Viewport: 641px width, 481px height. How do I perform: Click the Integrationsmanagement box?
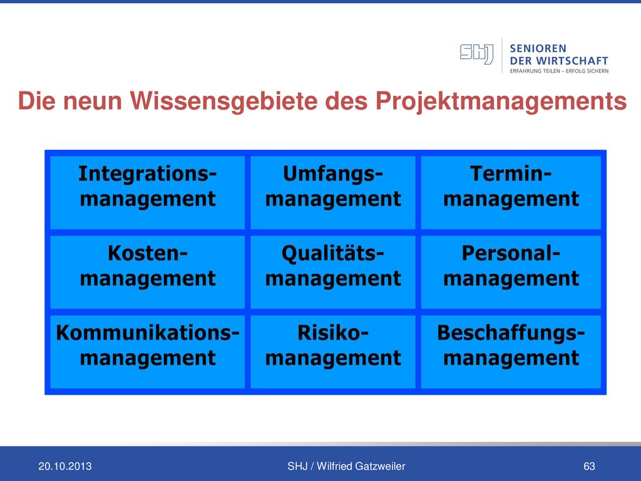(x=147, y=192)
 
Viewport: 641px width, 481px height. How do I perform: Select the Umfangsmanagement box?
(x=333, y=192)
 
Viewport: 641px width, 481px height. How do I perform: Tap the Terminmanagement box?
(x=511, y=192)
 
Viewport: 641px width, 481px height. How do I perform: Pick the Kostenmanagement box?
(x=147, y=272)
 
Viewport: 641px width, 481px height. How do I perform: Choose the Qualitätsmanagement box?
(x=333, y=272)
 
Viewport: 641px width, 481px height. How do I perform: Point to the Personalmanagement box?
(x=511, y=272)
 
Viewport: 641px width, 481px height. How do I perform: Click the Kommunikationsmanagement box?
(x=147, y=351)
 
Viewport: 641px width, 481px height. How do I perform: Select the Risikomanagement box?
(x=333, y=351)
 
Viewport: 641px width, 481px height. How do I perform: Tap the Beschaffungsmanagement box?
(x=511, y=351)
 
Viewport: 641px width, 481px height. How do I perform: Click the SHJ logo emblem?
(x=476, y=54)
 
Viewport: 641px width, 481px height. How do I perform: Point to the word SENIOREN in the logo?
(x=538, y=48)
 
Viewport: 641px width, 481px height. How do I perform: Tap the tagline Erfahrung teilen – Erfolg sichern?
(x=559, y=71)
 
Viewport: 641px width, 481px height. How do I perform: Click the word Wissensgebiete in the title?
(x=223, y=101)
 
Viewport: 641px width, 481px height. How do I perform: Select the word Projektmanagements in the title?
(x=501, y=101)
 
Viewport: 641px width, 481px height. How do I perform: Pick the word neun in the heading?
(x=93, y=101)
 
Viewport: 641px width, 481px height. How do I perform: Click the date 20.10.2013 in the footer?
(x=65, y=466)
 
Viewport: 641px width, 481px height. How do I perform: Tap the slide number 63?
(x=589, y=466)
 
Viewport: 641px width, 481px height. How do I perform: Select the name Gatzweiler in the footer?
(x=380, y=466)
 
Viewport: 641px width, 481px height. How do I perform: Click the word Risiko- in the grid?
(x=333, y=333)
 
